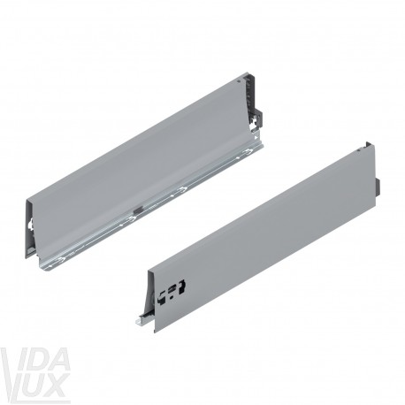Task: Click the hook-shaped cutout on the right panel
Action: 182,286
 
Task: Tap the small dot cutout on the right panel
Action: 172,297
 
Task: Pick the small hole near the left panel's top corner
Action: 238,80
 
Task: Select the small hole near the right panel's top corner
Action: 358,150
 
